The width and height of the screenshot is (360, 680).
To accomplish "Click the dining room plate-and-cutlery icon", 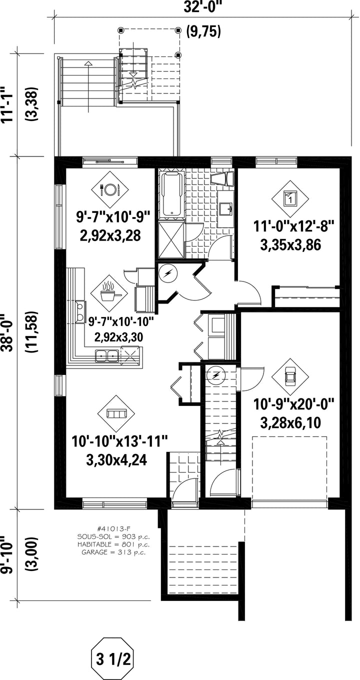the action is [x=110, y=189].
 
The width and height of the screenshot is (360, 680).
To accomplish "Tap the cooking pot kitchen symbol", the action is [x=109, y=292].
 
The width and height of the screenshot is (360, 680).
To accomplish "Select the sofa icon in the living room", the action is [x=116, y=413].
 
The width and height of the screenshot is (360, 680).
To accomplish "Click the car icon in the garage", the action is [x=290, y=377].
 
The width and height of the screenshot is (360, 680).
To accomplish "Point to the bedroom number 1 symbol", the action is [x=290, y=199].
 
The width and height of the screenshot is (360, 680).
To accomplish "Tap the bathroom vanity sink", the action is [x=226, y=208].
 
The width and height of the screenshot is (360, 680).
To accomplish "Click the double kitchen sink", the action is [x=107, y=355].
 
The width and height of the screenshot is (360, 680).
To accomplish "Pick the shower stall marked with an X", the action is [x=171, y=239].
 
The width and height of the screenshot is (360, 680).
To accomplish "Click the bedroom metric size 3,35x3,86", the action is [x=290, y=245].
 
